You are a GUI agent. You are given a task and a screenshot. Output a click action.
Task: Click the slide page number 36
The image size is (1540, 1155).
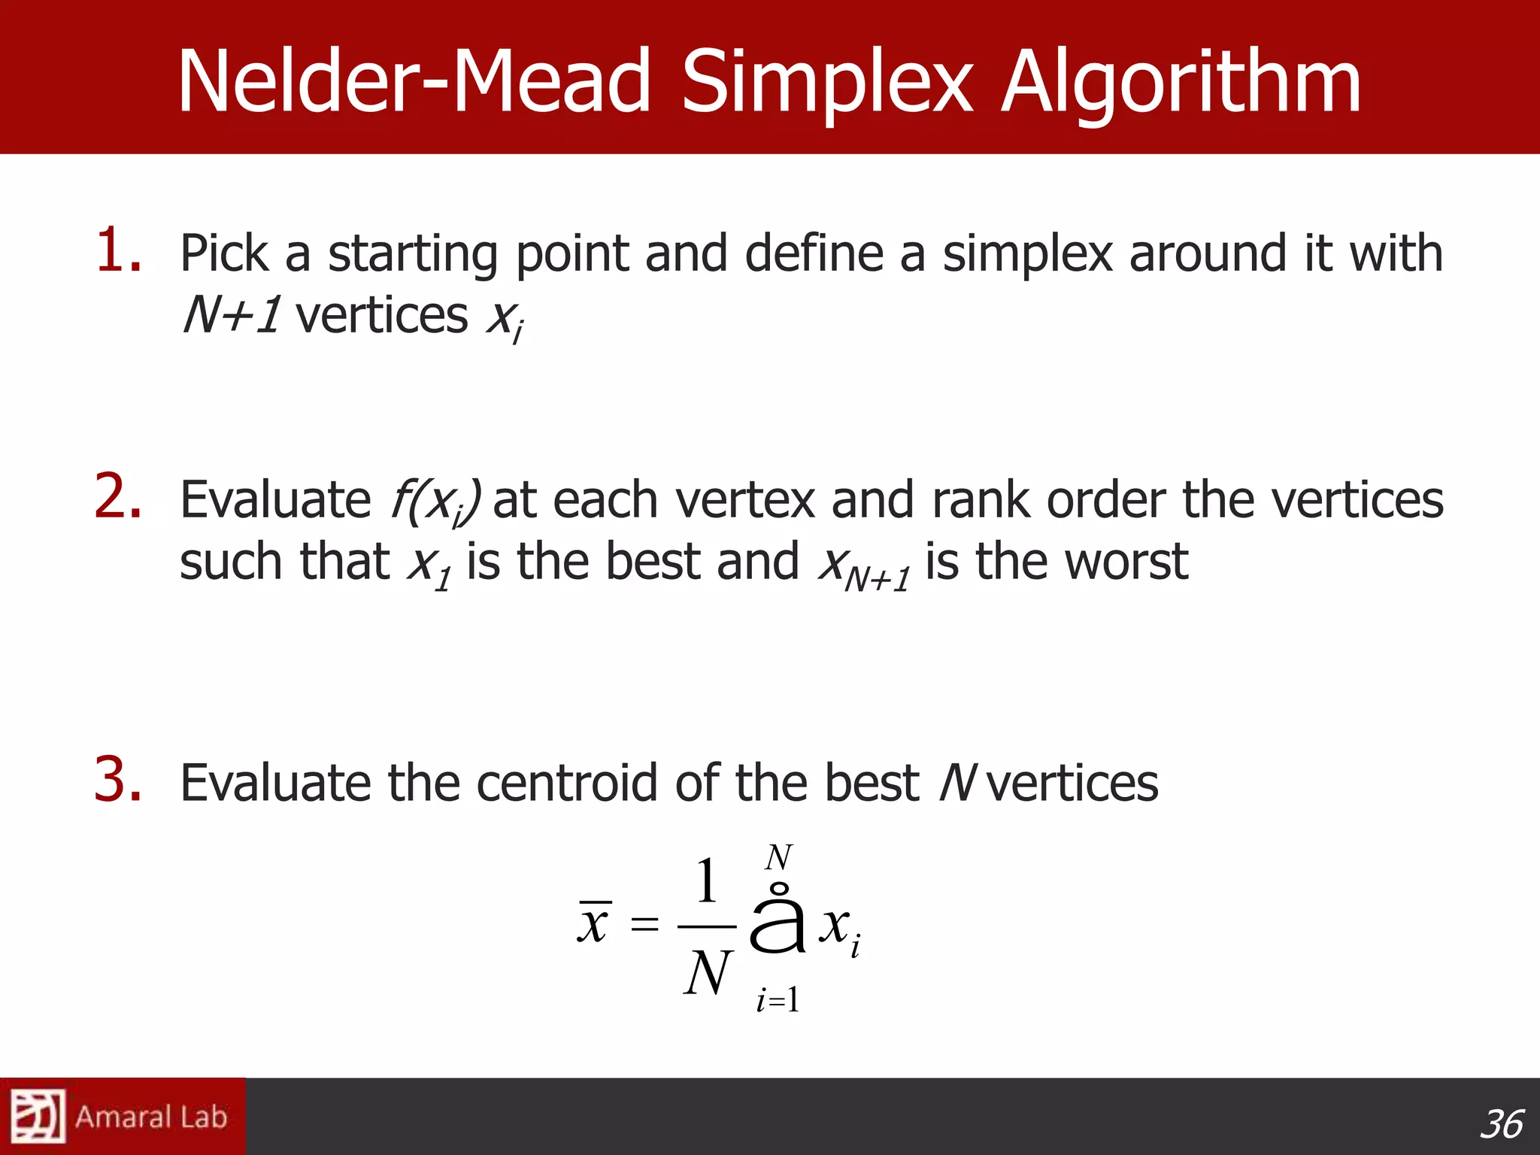1501,1125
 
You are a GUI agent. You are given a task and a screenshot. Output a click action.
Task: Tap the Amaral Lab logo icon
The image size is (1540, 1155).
38,1116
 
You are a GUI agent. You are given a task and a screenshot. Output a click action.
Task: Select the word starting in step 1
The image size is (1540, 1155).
413,254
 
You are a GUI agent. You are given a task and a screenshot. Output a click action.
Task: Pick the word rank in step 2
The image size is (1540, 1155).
981,499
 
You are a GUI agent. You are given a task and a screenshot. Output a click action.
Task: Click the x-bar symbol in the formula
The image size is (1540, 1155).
594,922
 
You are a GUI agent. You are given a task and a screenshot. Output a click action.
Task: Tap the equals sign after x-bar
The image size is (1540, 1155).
644,924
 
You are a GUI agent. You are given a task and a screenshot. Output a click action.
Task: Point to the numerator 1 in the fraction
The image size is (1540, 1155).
705,881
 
